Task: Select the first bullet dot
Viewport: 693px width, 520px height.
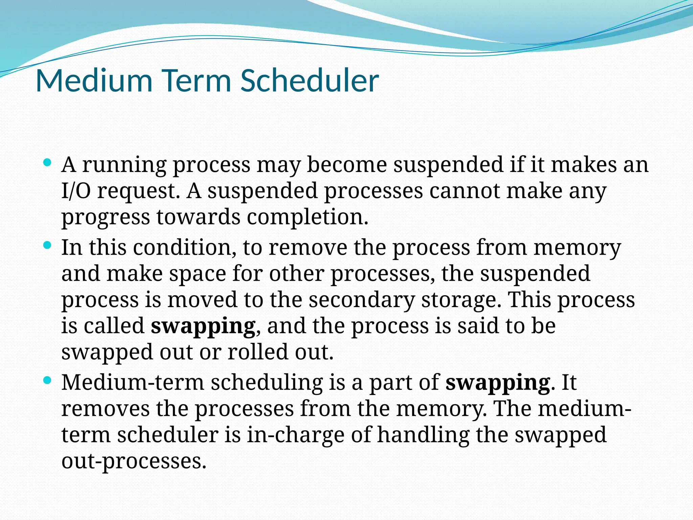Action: tap(47, 162)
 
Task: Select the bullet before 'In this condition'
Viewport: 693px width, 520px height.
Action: tap(47, 244)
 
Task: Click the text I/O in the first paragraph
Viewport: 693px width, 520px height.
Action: tap(76, 191)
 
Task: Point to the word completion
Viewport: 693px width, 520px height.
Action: tap(307, 217)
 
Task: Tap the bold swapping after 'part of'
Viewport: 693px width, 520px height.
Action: tap(497, 383)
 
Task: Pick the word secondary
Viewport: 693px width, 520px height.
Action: tap(361, 300)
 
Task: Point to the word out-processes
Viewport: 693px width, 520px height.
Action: tap(134, 461)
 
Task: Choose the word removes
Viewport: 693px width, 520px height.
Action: tap(105, 409)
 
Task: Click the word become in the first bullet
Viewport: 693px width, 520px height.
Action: tap(346, 165)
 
